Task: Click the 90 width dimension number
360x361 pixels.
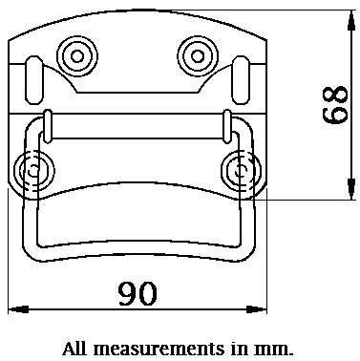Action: pyautogui.click(x=138, y=293)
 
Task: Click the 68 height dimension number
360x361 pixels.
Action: pyautogui.click(x=334, y=105)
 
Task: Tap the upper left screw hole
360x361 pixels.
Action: pyautogui.click(x=77, y=56)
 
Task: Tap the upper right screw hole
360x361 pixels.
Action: pyautogui.click(x=198, y=56)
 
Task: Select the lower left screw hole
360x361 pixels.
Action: pyautogui.click(x=33, y=171)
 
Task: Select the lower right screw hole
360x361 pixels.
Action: pyautogui.click(x=242, y=171)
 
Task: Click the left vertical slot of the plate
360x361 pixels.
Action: pyautogui.click(x=33, y=80)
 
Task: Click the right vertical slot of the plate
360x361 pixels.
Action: pyautogui.click(x=242, y=80)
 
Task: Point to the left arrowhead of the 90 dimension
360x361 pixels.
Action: pyautogui.click(x=18, y=309)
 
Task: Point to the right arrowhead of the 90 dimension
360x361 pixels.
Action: pyautogui.click(x=257, y=309)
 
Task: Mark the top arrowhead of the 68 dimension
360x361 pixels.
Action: pyautogui.click(x=351, y=20)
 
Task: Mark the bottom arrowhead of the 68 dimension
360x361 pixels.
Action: pyautogui.click(x=351, y=189)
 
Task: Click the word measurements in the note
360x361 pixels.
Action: pyautogui.click(x=159, y=349)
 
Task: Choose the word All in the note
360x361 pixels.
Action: pyautogui.click(x=74, y=349)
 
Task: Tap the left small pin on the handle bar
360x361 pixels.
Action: pyautogui.click(x=48, y=126)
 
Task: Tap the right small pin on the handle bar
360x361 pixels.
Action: pyautogui.click(x=227, y=126)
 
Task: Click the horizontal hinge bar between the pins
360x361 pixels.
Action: pyautogui.click(x=138, y=126)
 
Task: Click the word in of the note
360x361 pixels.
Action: pyautogui.click(x=239, y=349)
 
